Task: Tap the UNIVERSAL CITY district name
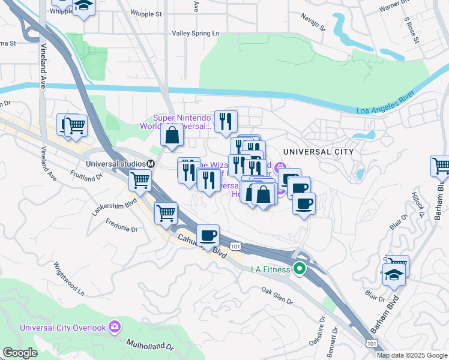[317, 152]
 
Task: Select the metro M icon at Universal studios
[151, 164]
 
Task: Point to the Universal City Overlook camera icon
[115, 328]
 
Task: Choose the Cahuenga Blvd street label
[202, 246]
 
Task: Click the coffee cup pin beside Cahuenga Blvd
[208, 235]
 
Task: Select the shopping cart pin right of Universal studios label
[140, 179]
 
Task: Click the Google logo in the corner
[20, 353]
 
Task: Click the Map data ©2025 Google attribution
[412, 355]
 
